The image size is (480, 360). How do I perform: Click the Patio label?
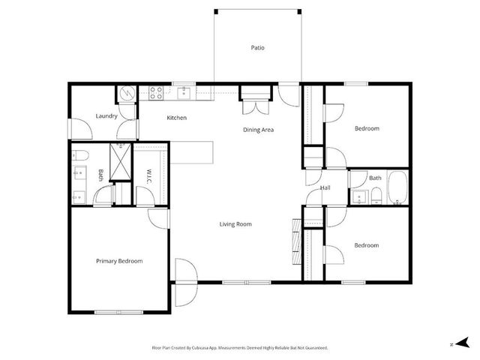click(257, 48)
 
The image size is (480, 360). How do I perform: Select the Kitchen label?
click(177, 118)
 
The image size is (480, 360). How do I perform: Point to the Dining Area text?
click(258, 130)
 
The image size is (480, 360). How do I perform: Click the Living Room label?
click(235, 224)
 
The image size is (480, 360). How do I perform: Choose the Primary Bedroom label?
click(119, 261)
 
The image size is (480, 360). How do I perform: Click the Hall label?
click(325, 187)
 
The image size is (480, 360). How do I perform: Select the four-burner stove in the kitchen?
click(157, 94)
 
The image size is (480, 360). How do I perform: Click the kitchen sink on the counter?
click(185, 93)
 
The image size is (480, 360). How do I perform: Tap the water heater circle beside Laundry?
click(127, 94)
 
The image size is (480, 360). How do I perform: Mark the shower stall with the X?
click(120, 158)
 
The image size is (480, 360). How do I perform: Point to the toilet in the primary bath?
click(82, 156)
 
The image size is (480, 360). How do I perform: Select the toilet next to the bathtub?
click(376, 196)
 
